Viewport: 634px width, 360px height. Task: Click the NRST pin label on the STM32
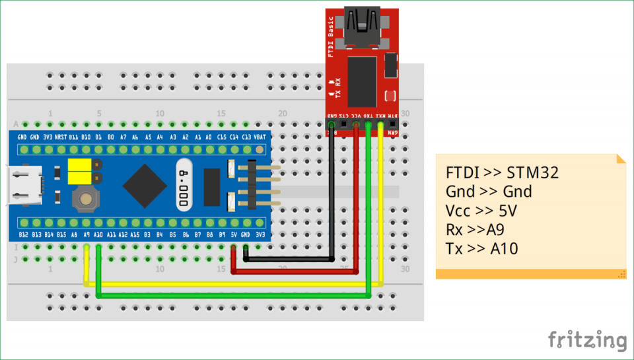point(60,137)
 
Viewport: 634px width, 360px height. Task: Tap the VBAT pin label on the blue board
point(260,137)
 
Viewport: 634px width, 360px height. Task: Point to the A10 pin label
point(98,234)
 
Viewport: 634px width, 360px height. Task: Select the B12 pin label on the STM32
point(23,234)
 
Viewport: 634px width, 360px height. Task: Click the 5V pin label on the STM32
point(233,234)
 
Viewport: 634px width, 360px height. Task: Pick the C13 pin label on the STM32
point(246,137)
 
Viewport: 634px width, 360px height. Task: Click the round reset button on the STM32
point(84,196)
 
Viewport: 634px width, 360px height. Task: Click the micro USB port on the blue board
point(23,186)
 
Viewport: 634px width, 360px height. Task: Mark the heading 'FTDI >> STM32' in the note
point(502,174)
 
